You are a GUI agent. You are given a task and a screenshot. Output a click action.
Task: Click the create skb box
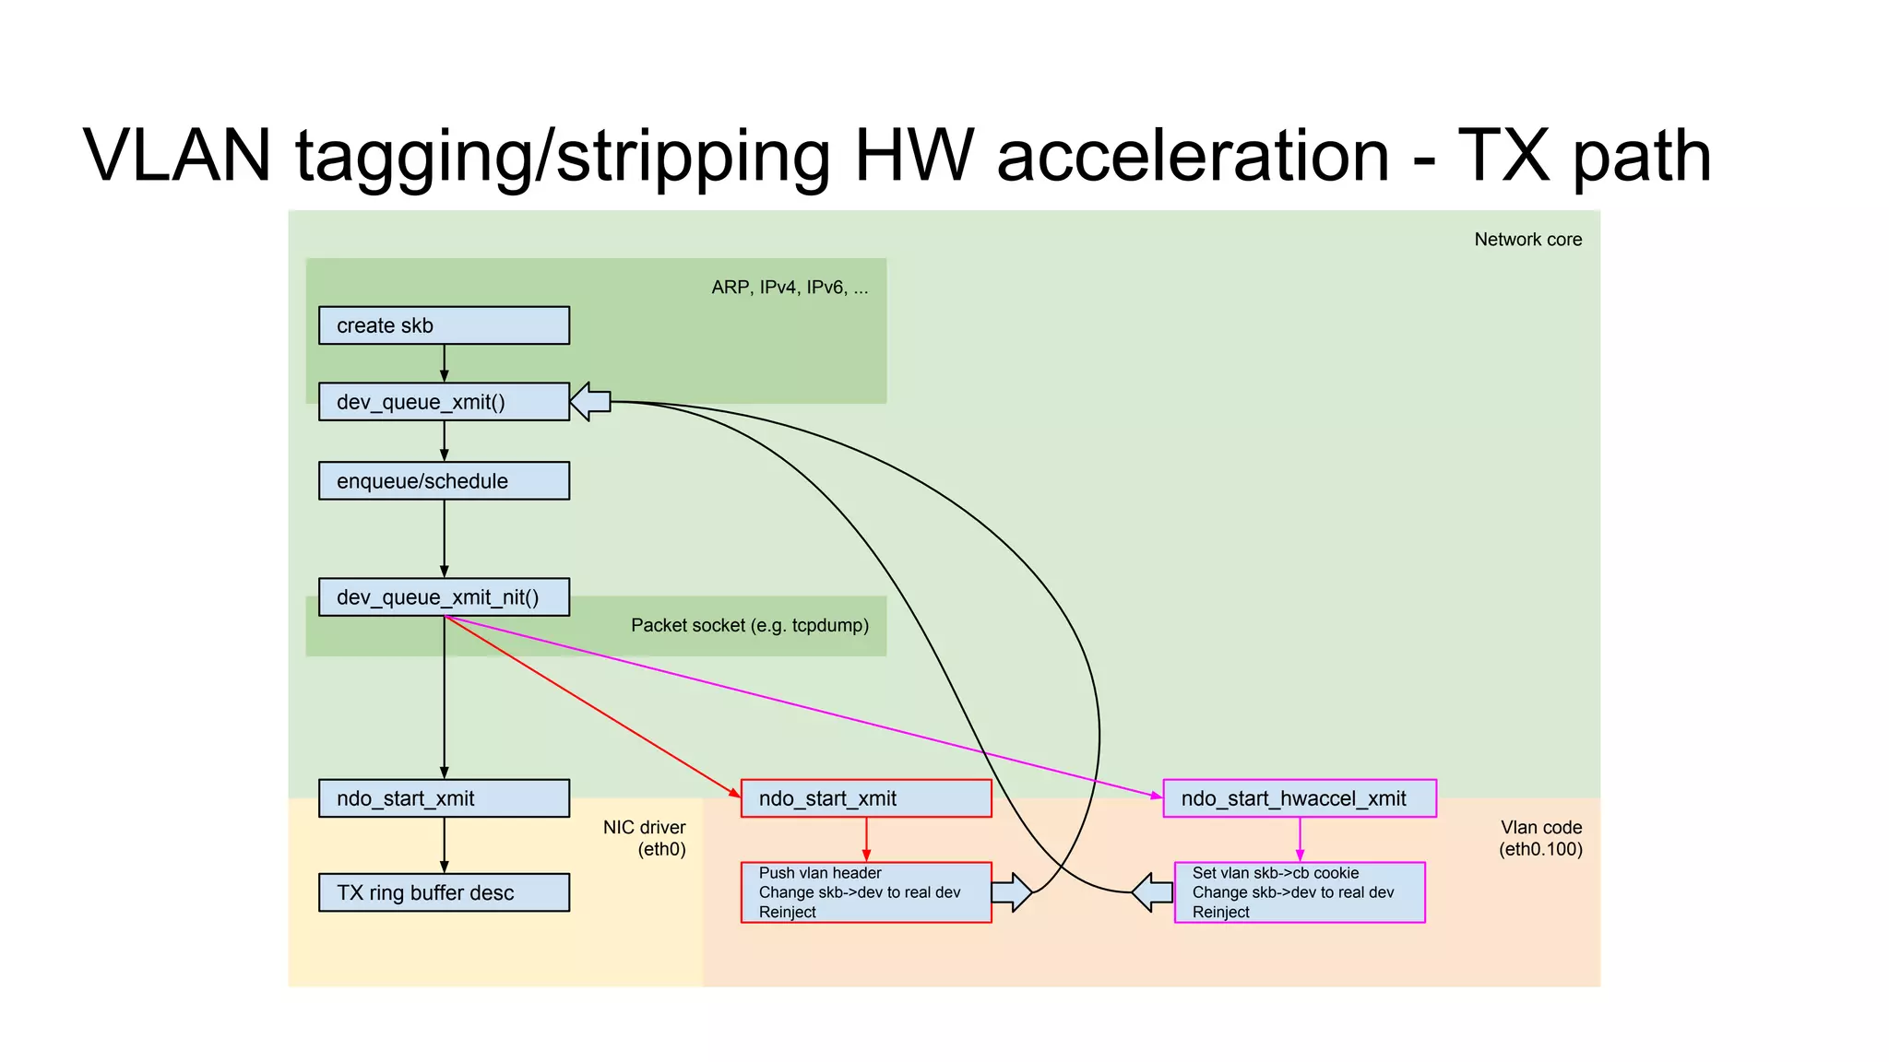444,325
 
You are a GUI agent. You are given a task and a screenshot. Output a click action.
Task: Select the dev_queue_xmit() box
444,402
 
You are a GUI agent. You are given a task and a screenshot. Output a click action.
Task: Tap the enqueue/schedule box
444,481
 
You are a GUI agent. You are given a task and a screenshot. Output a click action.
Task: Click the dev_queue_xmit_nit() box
444,597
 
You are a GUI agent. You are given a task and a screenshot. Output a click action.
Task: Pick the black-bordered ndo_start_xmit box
444,798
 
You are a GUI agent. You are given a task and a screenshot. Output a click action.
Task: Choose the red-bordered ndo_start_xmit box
866,798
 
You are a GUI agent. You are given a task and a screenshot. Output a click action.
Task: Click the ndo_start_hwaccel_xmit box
1300,798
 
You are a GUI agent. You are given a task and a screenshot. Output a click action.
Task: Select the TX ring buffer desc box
444,892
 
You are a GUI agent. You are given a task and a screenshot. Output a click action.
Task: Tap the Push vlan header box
866,892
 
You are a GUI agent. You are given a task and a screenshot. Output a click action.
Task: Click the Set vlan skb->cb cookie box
1300,892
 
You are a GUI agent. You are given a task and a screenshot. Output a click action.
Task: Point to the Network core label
1527,240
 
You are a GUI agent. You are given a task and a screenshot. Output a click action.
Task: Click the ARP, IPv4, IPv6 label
790,288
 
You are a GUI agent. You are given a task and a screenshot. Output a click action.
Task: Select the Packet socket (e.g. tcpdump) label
750,626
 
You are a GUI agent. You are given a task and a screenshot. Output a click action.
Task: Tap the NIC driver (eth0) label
646,838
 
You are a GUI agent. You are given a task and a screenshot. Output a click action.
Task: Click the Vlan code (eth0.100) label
1540,838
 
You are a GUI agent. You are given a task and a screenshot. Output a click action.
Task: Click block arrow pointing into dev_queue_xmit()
590,402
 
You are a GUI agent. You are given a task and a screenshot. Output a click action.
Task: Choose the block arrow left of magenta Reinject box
1152,892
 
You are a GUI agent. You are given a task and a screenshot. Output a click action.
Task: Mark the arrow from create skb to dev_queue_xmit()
445,363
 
